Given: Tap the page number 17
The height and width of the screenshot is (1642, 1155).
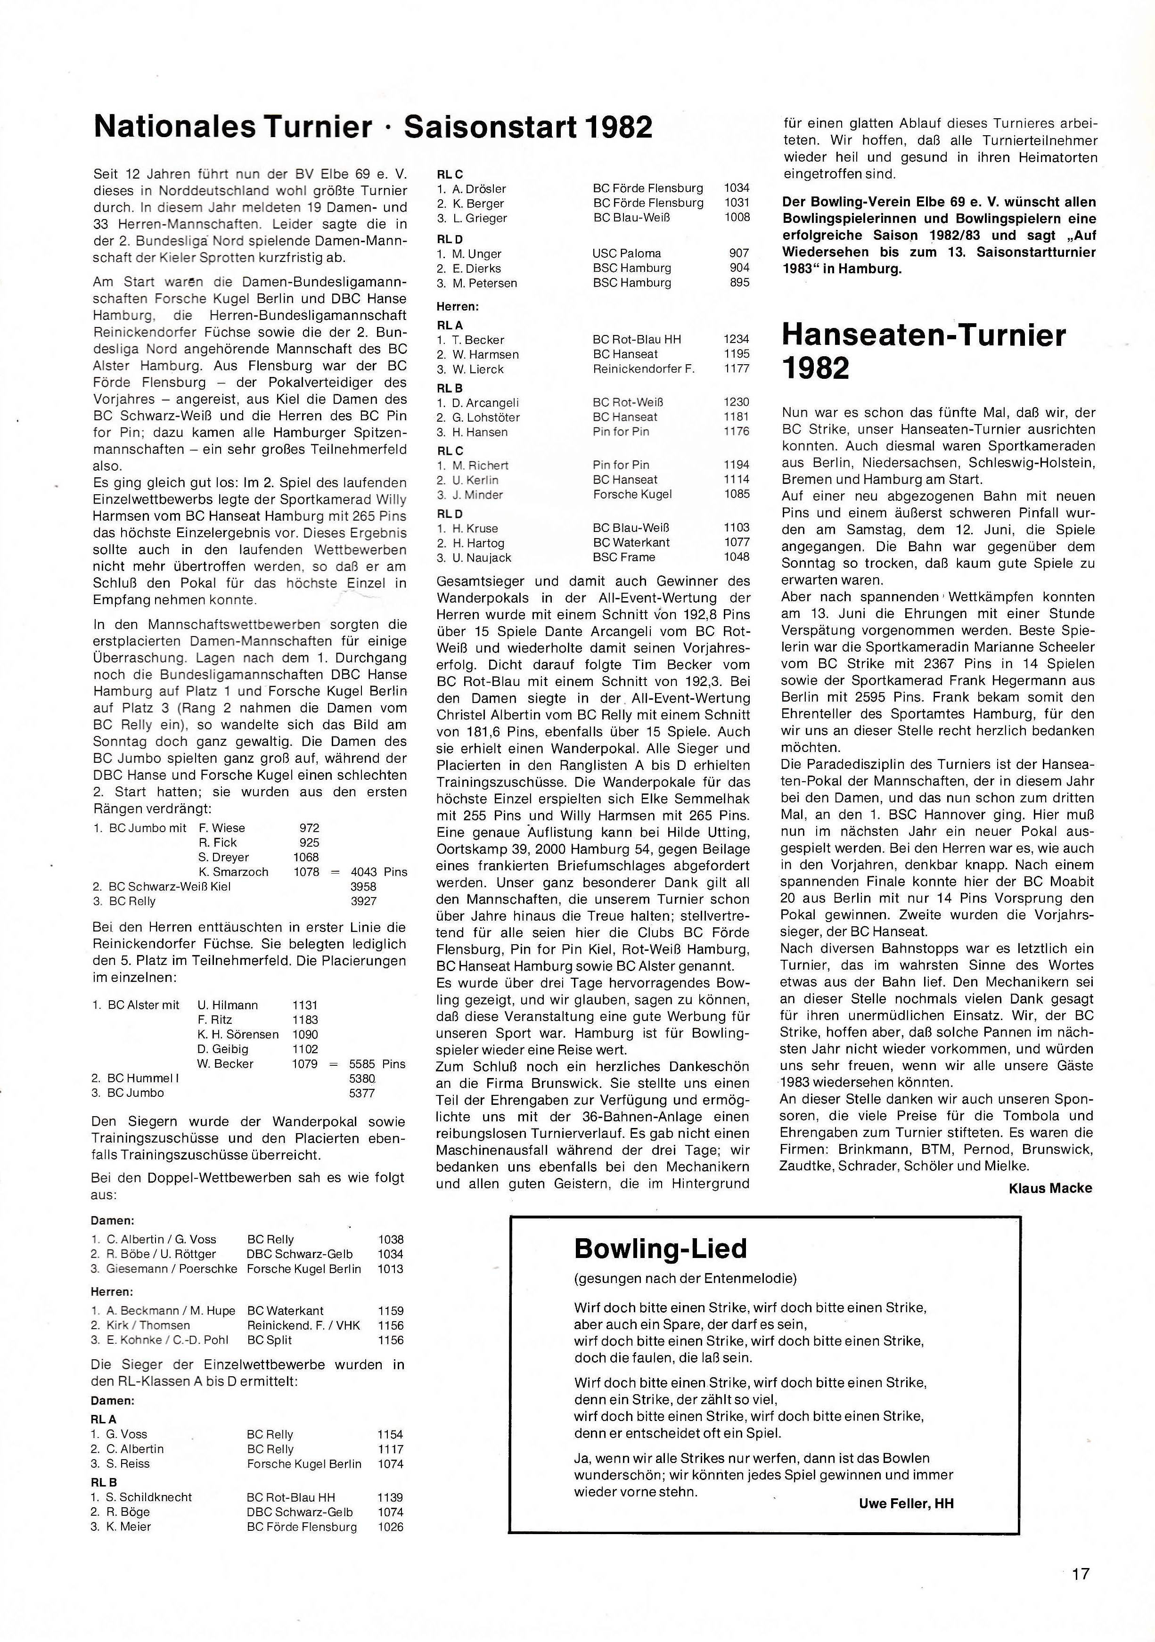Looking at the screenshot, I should click(1080, 1573).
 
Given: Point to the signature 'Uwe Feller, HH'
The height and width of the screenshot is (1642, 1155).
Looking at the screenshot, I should click(906, 1503).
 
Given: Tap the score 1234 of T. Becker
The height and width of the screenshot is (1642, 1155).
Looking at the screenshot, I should click(736, 340).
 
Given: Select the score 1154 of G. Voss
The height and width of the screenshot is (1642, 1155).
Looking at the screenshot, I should click(391, 1434).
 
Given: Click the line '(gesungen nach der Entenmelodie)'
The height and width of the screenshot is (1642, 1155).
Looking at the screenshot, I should click(685, 1278).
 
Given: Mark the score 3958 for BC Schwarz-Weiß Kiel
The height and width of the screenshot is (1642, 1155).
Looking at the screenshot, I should click(363, 887).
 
